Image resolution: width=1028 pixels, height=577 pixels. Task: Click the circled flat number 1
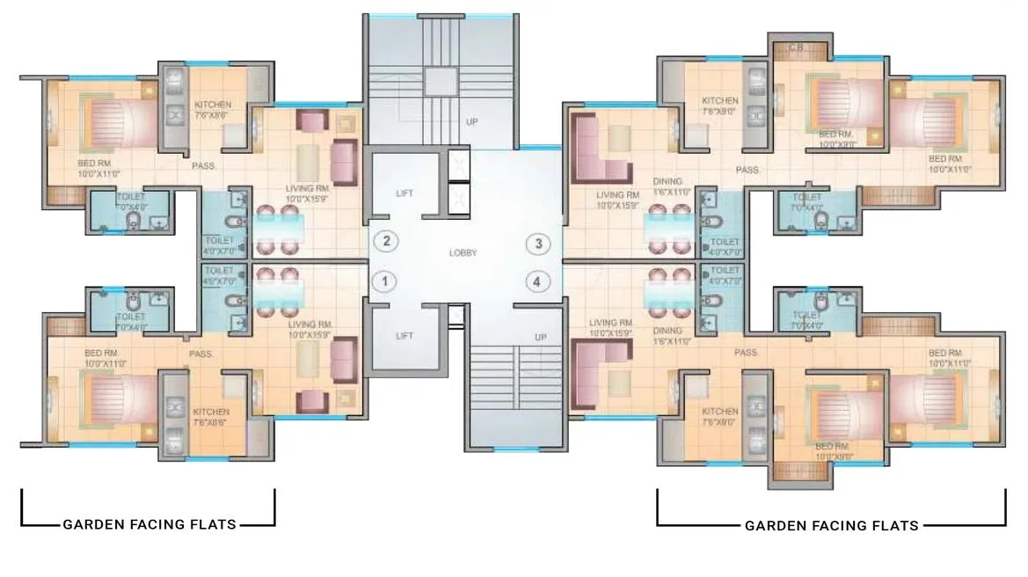click(x=383, y=281)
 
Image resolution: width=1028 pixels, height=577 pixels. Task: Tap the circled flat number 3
click(x=536, y=244)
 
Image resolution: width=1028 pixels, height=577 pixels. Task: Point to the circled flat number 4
click(x=536, y=282)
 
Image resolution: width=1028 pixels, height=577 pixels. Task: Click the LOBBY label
click(x=463, y=253)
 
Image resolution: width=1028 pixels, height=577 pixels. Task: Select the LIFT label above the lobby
click(x=405, y=193)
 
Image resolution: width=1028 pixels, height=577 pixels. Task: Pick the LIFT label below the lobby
click(x=405, y=336)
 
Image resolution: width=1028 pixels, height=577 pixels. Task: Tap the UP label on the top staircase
click(x=472, y=122)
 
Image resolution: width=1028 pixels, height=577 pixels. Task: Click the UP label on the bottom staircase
click(x=541, y=338)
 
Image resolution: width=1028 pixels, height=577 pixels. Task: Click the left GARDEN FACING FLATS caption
click(x=149, y=525)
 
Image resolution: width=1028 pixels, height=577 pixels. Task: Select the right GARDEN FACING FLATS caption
click(x=832, y=526)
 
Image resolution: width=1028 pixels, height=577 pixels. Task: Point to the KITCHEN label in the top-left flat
click(x=213, y=105)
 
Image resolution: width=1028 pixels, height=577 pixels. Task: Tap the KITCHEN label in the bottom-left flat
click(x=211, y=412)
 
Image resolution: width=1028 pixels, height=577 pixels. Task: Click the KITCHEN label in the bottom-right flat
click(x=719, y=411)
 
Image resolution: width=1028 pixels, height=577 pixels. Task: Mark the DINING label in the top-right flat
click(x=667, y=182)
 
